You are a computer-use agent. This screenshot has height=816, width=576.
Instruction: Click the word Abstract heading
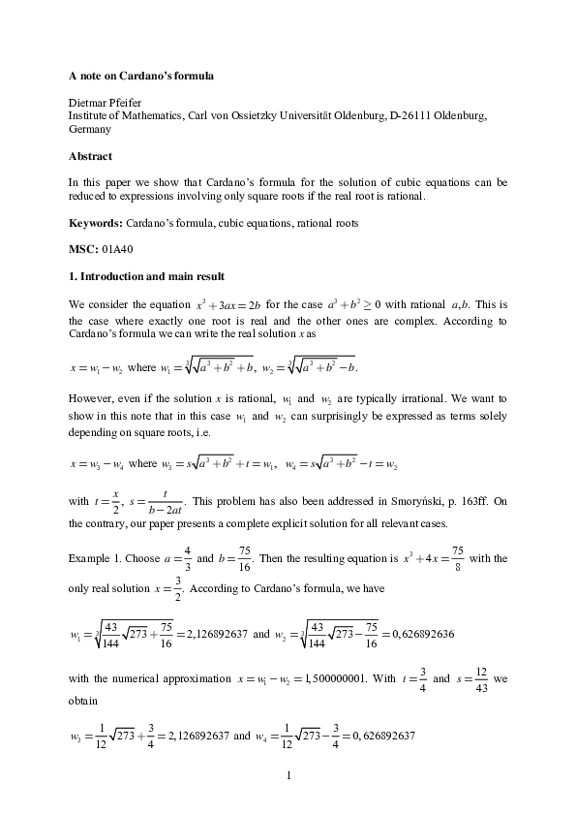tap(90, 156)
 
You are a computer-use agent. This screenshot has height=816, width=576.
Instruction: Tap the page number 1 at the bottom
tap(288, 775)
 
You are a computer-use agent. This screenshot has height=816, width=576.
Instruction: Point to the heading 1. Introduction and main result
tap(145, 276)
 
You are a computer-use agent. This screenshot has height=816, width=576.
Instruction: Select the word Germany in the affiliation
tap(90, 129)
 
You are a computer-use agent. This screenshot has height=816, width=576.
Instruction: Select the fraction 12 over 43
tap(478, 678)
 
